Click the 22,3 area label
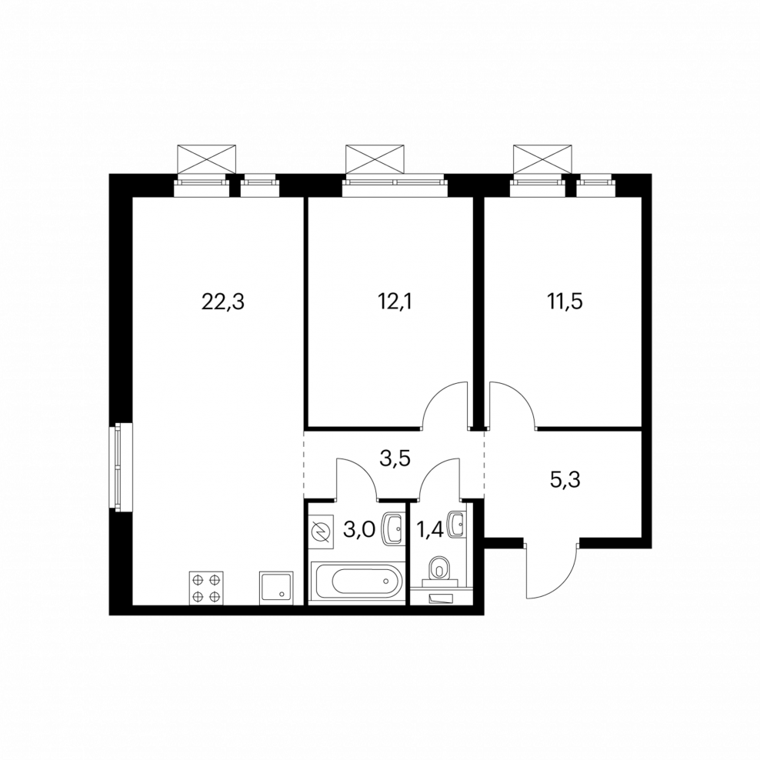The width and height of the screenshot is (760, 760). pos(223,302)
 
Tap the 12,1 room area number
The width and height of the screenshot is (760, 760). pos(397,302)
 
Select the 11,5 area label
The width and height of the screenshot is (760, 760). pos(565,302)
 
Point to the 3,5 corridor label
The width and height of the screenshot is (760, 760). pos(395,458)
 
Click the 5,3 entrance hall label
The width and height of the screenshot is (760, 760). pos(565,480)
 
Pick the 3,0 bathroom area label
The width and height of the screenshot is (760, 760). pos(359,530)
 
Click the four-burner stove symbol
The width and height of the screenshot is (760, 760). pos(206,588)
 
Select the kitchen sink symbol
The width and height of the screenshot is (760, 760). pos(277,588)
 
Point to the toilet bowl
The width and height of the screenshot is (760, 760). pos(440,568)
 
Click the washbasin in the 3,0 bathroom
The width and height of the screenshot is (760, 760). pos(393,528)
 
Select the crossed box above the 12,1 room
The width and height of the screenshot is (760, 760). pos(374,158)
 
